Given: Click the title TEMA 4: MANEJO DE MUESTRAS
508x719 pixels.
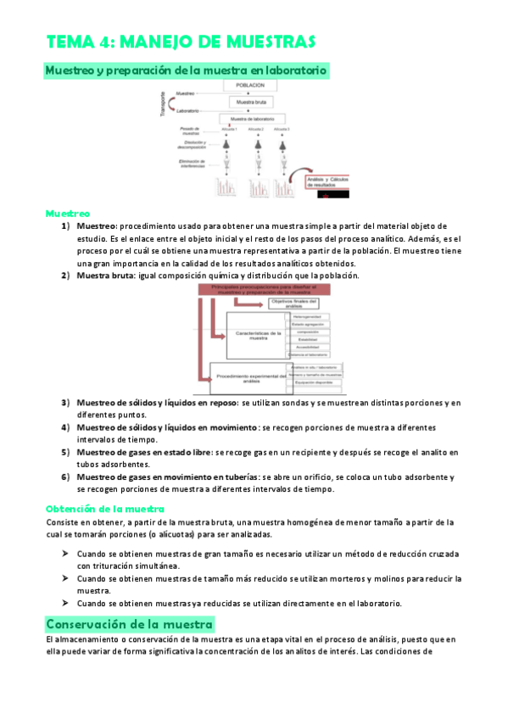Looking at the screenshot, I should click(x=181, y=42).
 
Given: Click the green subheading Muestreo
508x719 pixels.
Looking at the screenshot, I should click(x=67, y=214).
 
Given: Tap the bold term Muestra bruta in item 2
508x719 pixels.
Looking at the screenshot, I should click(x=105, y=276).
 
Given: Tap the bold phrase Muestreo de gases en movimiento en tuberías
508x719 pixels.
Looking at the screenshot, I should click(x=167, y=477).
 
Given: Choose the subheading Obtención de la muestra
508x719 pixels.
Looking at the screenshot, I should click(x=98, y=509).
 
